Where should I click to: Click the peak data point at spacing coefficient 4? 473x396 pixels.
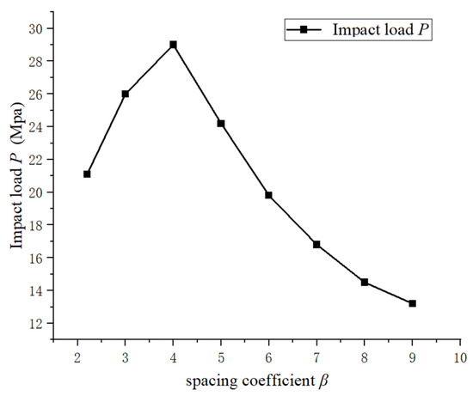(x=173, y=45)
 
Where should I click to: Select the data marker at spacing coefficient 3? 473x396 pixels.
(x=126, y=94)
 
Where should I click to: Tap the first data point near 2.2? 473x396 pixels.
(x=87, y=174)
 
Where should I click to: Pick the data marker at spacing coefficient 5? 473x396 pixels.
(x=221, y=124)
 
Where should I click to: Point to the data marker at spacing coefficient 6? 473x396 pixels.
(x=268, y=195)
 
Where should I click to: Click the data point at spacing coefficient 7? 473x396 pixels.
(x=316, y=245)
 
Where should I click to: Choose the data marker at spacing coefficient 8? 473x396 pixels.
(x=365, y=282)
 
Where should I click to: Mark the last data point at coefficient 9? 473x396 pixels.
(x=412, y=303)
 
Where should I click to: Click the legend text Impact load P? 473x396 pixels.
(x=378, y=30)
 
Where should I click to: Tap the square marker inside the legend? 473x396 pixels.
(x=304, y=30)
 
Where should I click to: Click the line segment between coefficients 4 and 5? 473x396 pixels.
(x=197, y=84)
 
